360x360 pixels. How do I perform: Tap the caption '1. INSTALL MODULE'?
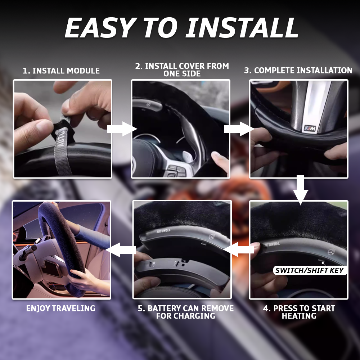[x=61, y=71]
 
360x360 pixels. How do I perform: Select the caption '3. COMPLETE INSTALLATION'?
[x=298, y=70]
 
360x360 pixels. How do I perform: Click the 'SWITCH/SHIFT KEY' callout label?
[x=310, y=270]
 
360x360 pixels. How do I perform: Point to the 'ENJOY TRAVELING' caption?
[x=60, y=308]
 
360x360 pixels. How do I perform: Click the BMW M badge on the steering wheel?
[x=310, y=129]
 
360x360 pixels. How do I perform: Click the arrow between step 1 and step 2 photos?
[x=122, y=129]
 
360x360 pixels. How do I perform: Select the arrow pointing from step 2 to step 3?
[x=239, y=129]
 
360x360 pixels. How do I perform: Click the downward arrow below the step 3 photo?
[x=301, y=190]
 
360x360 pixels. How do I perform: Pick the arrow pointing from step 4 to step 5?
[x=239, y=249]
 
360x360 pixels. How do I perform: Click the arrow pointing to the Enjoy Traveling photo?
[x=121, y=249]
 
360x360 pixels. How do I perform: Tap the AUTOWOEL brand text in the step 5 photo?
[x=163, y=231]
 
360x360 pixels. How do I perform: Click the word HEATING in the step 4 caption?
[x=299, y=316]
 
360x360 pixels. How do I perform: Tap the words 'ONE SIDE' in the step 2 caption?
[x=182, y=74]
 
